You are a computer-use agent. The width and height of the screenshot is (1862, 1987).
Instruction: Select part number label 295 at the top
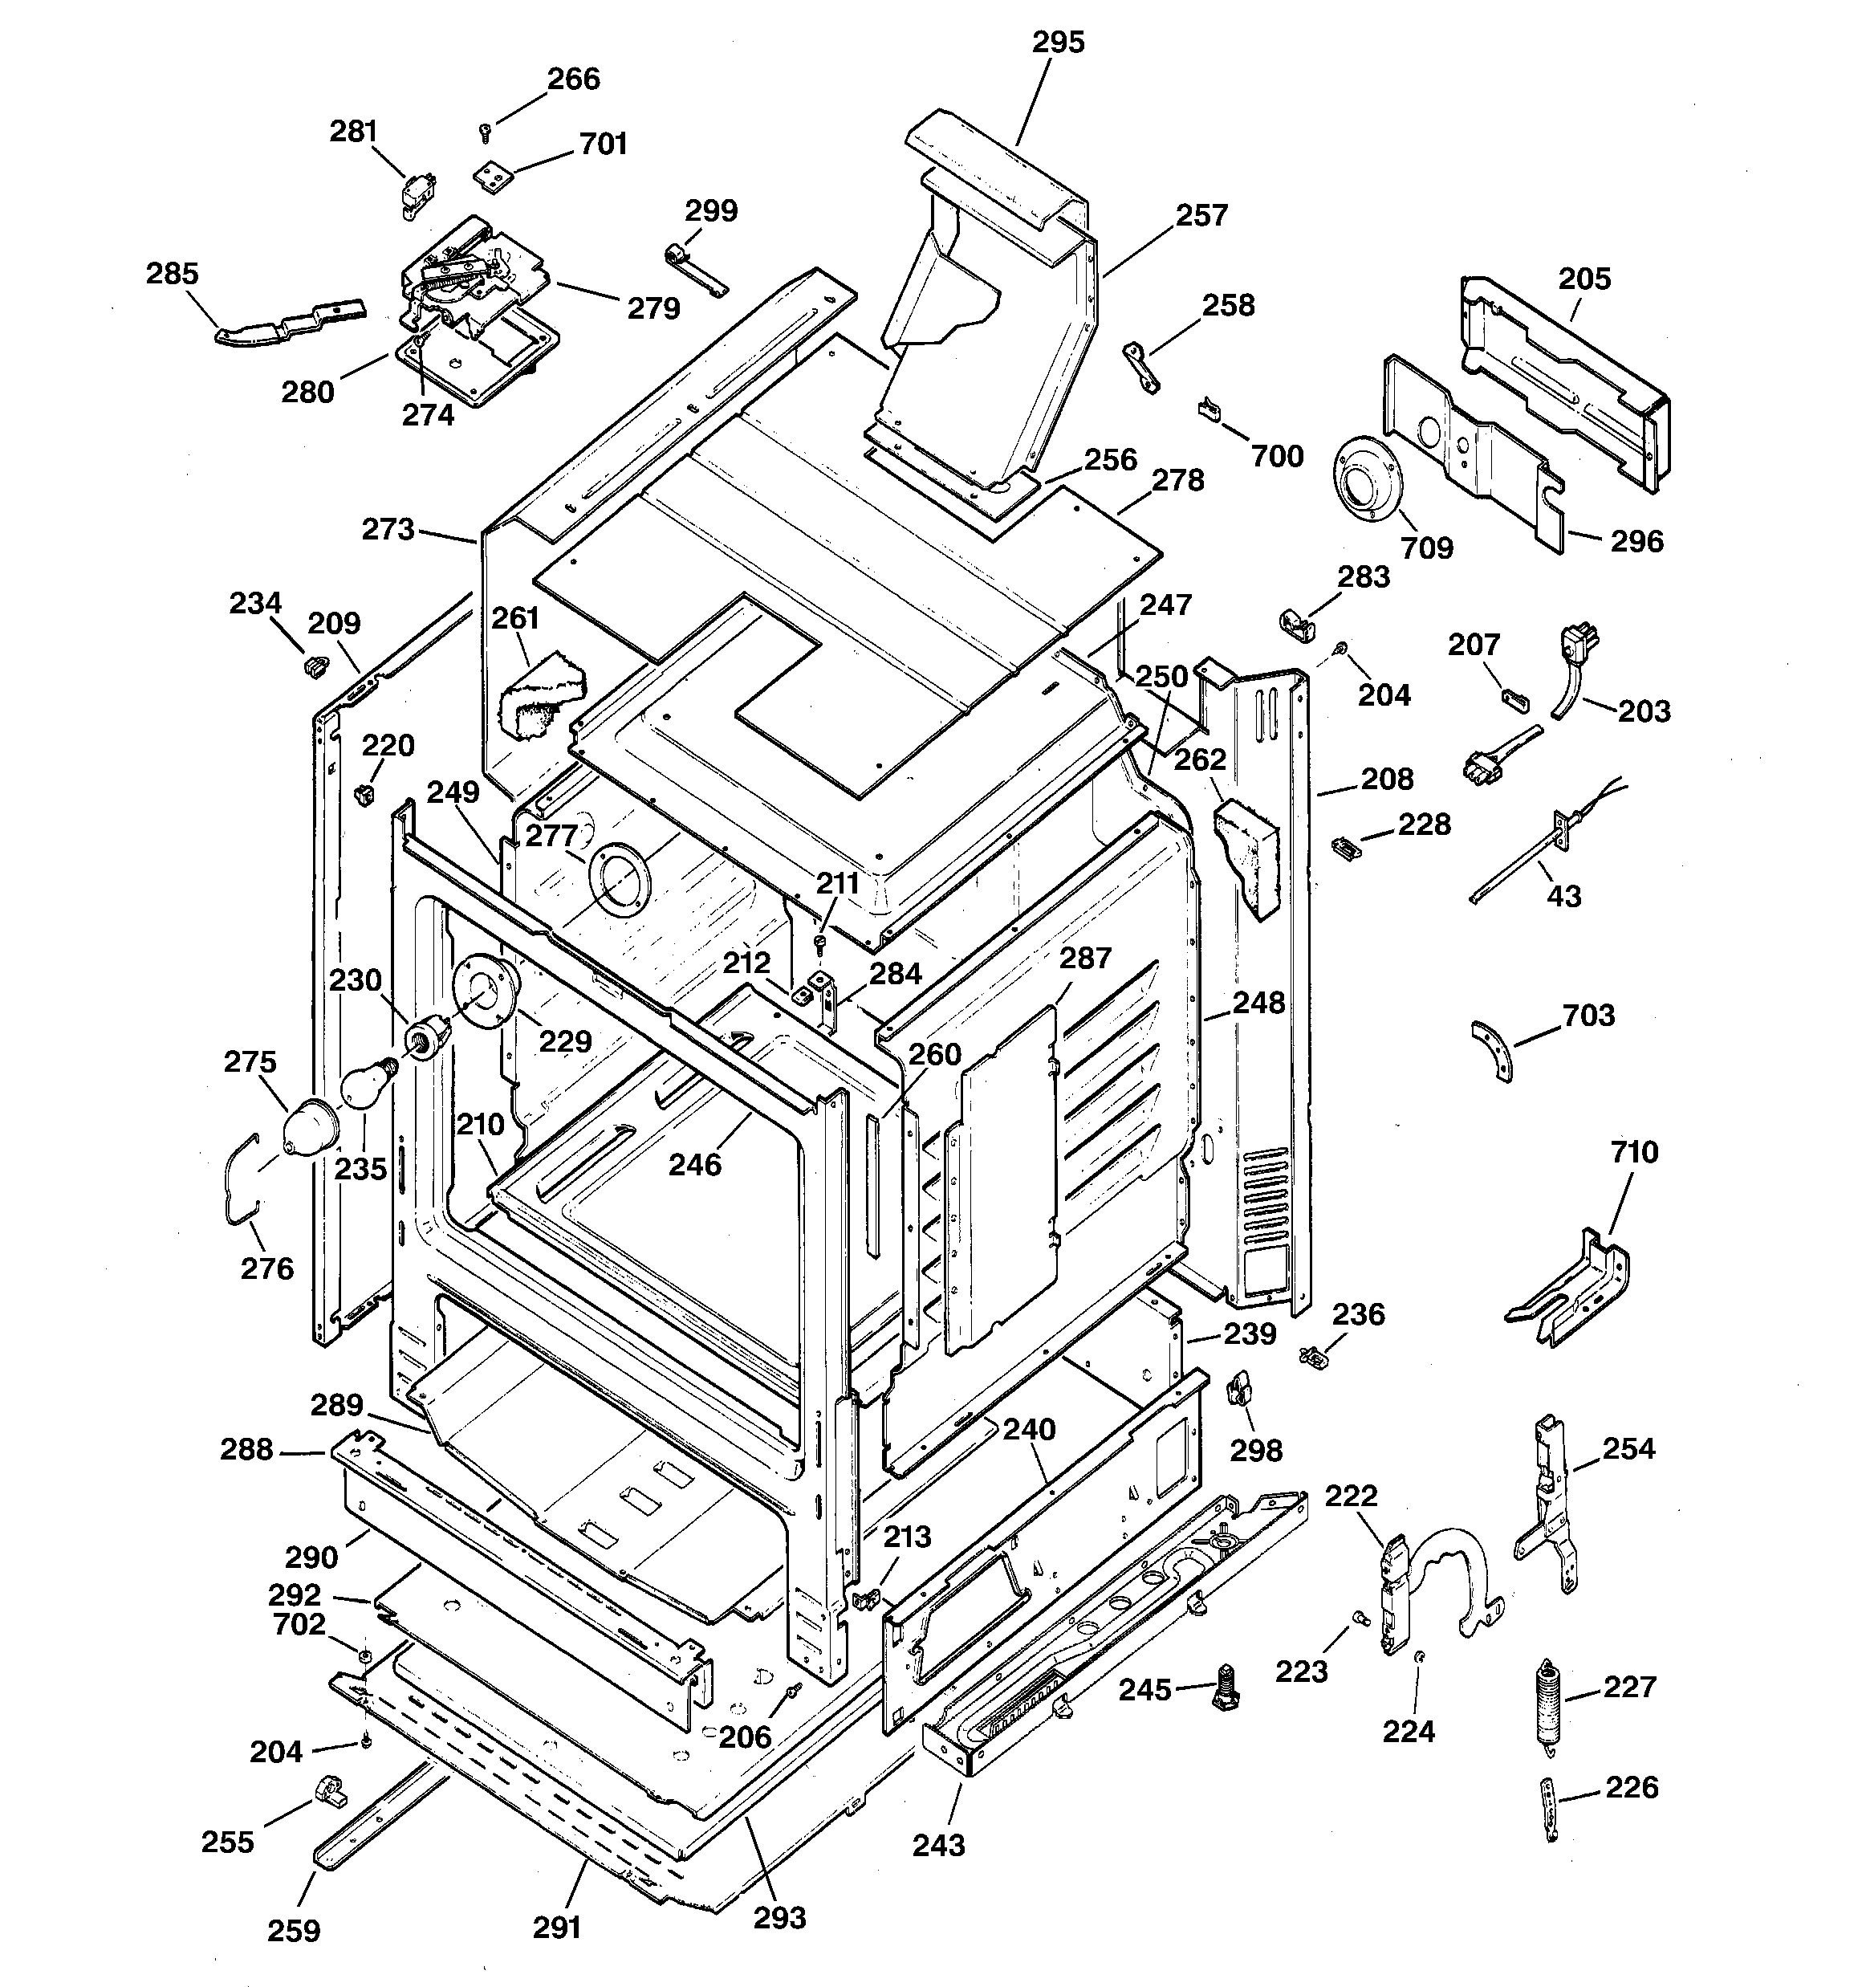click(x=1058, y=43)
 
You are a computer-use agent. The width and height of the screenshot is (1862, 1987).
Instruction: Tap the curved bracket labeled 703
click(x=1493, y=1050)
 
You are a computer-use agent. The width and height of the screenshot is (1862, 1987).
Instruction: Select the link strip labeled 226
click(x=1550, y=1808)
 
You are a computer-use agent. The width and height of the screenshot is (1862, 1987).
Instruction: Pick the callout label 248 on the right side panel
click(x=1258, y=1003)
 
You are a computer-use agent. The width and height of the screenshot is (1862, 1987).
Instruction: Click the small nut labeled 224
click(x=1421, y=1658)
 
